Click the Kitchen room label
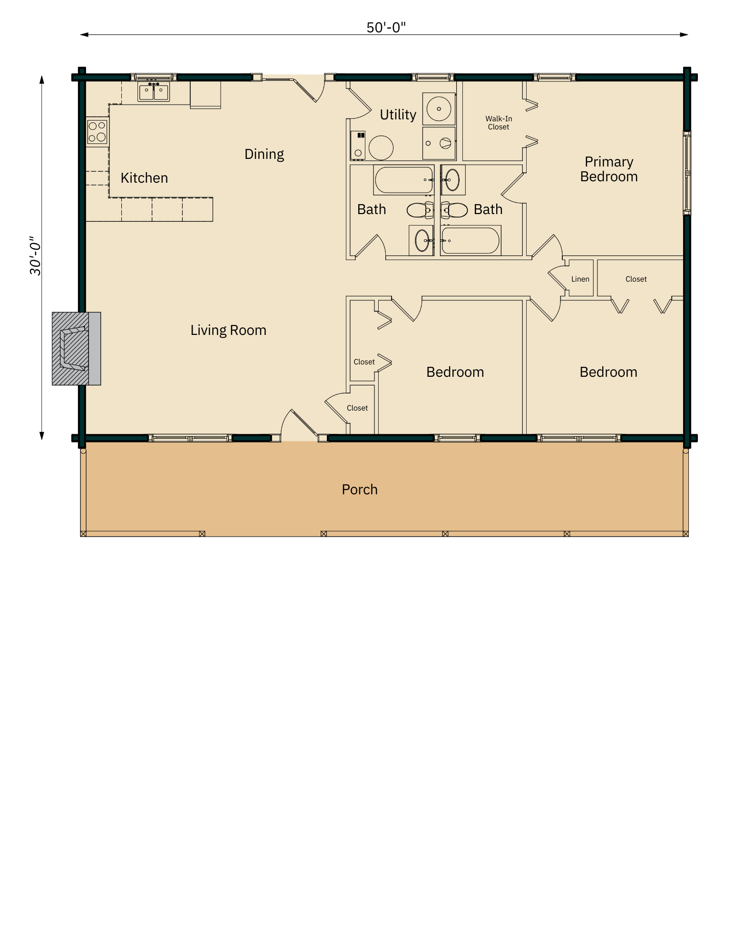click(144, 178)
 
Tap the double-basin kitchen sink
click(153, 91)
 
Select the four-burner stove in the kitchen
click(97, 132)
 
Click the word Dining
click(264, 154)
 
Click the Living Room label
click(228, 330)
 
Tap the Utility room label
click(398, 115)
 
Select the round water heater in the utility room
click(381, 147)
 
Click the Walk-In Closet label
click(499, 123)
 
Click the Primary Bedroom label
click(608, 169)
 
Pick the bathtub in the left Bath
click(403, 180)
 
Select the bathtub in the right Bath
click(470, 240)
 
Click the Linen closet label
click(580, 279)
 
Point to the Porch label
click(360, 490)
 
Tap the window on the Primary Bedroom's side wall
click(686, 173)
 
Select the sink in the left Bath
click(421, 240)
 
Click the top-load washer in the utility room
click(439, 109)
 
